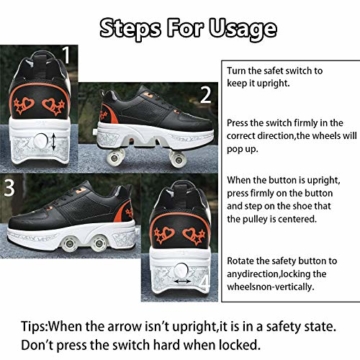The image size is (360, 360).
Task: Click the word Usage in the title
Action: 243,28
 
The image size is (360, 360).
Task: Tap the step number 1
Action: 67,55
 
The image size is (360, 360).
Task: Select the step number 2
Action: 206,95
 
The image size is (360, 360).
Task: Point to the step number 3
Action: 9,188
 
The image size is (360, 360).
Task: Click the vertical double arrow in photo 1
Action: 54,142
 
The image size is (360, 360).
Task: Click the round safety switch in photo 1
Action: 41,141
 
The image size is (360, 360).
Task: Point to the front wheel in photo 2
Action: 177,158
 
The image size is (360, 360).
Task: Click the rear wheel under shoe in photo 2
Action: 115,157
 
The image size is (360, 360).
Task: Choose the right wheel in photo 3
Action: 99,244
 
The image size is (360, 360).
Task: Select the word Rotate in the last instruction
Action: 239,261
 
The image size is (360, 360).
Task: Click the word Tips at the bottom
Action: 33,326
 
